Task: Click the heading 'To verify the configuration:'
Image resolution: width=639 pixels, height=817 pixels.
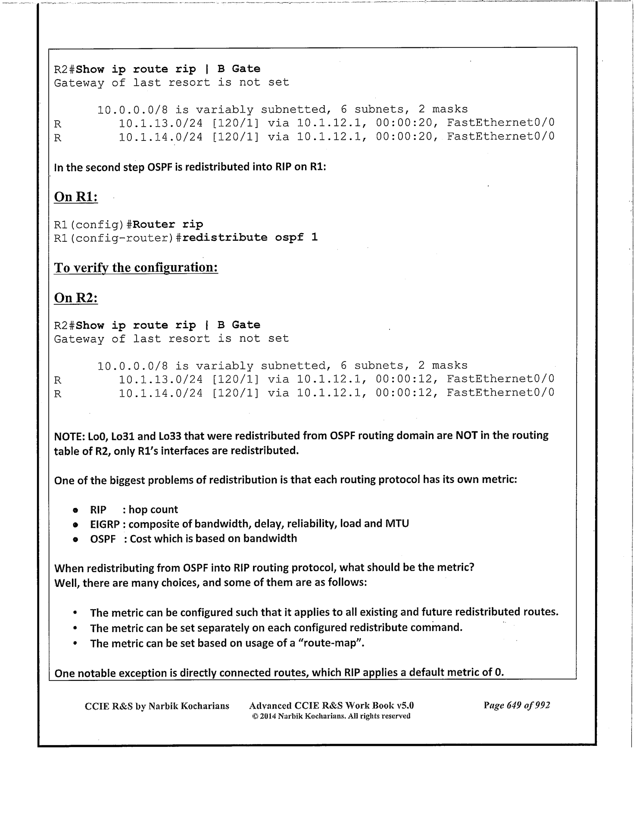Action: click(x=136, y=268)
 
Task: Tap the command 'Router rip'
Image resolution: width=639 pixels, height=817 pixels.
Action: click(x=168, y=225)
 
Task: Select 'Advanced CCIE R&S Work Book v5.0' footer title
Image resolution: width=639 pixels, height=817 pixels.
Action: click(x=331, y=705)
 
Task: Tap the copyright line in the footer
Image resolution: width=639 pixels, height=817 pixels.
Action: click(x=331, y=716)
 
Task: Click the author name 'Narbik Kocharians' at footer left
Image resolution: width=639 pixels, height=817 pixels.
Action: click(x=189, y=706)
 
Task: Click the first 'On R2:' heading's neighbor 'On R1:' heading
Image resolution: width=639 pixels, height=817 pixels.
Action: click(x=76, y=197)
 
